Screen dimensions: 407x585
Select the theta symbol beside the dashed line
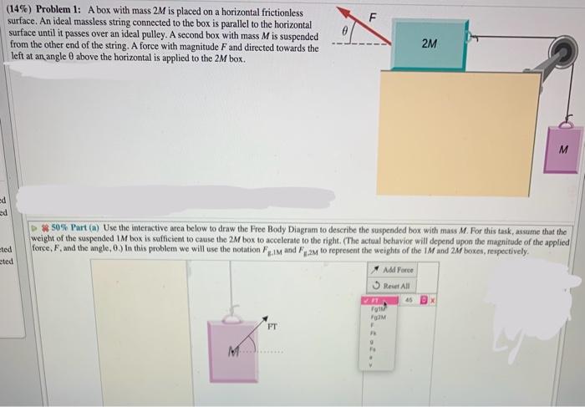[x=343, y=30]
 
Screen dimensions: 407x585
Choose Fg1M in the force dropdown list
[x=377, y=307]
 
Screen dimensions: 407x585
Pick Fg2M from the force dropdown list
[x=377, y=315]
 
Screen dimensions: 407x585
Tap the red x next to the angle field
[x=434, y=298]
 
